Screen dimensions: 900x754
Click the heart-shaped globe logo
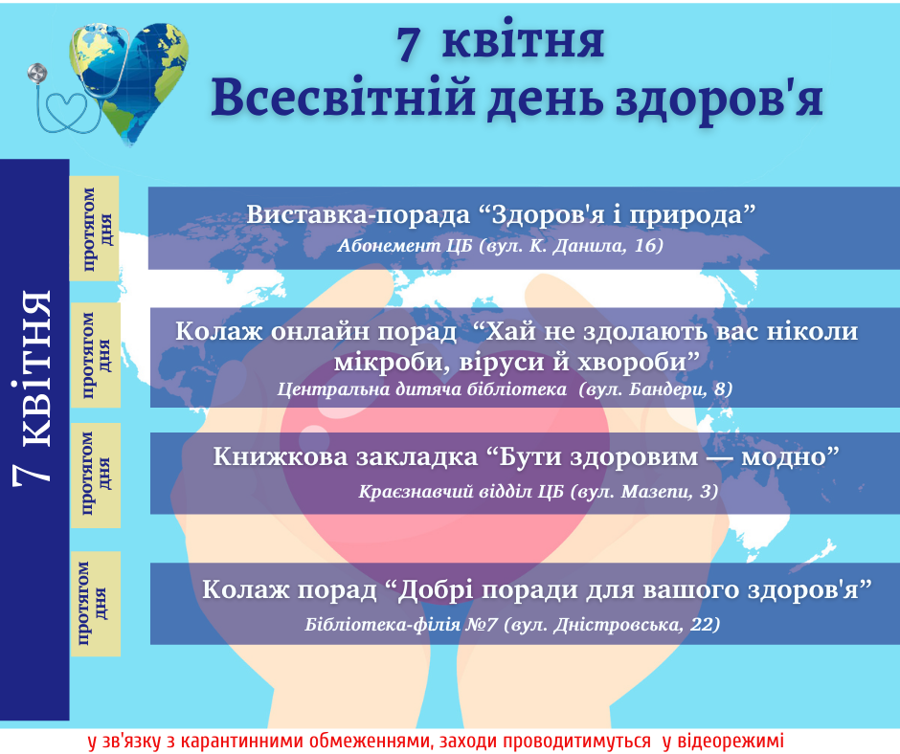pos(129,80)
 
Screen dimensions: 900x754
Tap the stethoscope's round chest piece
pos(37,73)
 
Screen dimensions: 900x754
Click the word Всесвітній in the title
pos(343,98)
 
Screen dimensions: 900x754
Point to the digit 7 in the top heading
pos(408,44)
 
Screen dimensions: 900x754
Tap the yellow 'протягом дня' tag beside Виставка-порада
pos(94,229)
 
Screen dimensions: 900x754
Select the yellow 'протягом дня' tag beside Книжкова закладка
pos(96,476)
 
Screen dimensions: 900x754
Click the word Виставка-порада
pos(358,214)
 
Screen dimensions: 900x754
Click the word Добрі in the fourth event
pos(437,589)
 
